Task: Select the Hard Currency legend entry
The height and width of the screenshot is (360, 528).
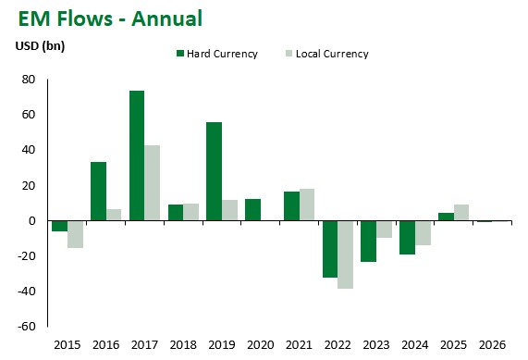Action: pos(219,54)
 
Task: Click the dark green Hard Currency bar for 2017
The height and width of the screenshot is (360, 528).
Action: pos(136,155)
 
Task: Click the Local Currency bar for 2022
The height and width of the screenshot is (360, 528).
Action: pos(346,254)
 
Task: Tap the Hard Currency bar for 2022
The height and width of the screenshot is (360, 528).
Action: pos(330,249)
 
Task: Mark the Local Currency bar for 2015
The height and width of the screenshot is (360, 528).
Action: pos(75,234)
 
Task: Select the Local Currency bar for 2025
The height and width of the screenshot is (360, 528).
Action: pos(461,213)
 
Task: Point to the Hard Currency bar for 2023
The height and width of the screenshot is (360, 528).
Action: pos(369,241)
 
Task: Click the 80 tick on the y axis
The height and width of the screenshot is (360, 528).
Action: pos(28,81)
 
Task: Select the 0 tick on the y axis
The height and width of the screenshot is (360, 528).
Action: pos(31,221)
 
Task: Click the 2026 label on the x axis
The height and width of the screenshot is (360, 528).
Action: pos(492,344)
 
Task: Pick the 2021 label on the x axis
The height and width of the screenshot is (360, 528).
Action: pos(299,344)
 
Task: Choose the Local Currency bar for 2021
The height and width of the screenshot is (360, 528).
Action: pos(307,205)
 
